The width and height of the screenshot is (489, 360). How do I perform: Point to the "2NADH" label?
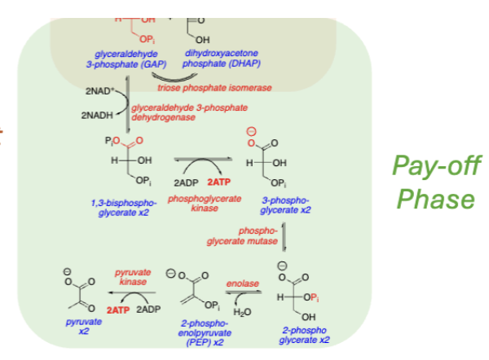[97, 116]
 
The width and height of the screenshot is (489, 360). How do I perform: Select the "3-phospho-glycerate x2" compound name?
[285, 204]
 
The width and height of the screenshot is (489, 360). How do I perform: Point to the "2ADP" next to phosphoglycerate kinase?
[188, 182]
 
